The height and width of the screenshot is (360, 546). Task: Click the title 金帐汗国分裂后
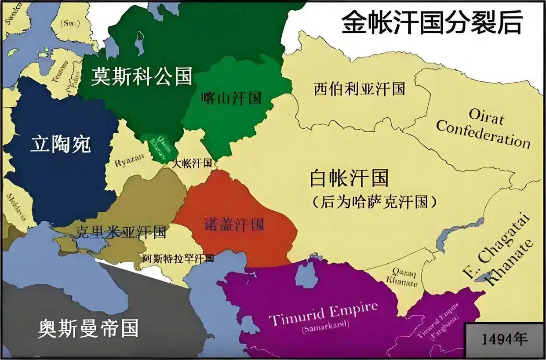point(431,23)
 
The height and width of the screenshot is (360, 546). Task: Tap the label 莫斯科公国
point(142,76)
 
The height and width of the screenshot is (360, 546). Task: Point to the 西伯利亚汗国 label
point(359,89)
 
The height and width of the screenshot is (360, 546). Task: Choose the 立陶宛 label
point(60,144)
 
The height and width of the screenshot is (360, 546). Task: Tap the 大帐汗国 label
point(192,164)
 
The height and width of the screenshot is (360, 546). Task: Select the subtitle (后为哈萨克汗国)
point(375,202)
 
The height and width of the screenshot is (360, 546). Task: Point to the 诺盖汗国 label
point(235,225)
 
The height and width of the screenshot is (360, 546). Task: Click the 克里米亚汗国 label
point(121,232)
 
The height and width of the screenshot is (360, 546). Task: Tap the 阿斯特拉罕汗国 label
point(178,258)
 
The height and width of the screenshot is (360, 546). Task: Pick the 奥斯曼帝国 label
point(88,328)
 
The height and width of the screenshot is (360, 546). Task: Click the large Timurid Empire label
point(323,313)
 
